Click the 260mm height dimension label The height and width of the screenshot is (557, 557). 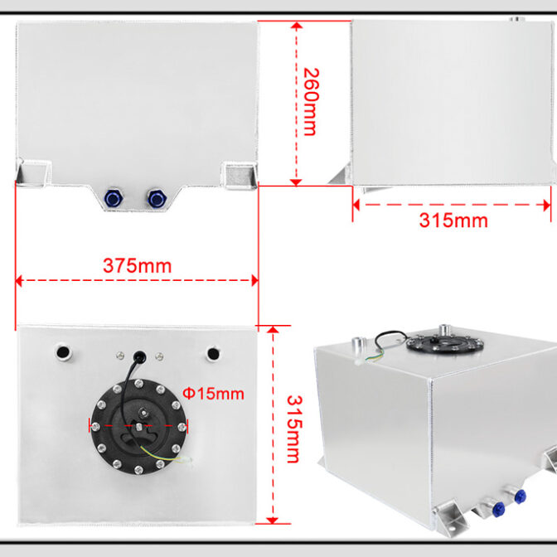coord(311,102)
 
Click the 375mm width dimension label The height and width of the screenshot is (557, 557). coord(137,266)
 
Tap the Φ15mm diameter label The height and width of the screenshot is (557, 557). coord(213,394)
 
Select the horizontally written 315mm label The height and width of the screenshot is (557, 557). coord(453,220)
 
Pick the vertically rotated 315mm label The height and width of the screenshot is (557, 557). coord(294,429)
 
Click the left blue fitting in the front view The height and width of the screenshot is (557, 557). coord(114,198)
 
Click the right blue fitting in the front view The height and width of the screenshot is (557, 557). coord(156,198)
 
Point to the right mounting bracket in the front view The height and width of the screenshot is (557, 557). coord(240,176)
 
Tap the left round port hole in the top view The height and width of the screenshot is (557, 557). coord(63,352)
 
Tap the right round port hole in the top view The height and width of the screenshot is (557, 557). coord(213,354)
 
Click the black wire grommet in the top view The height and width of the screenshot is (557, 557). coord(139,356)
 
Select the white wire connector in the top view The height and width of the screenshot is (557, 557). coord(186,460)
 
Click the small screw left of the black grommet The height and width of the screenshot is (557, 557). coord(120,355)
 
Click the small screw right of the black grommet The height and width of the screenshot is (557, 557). coord(159,356)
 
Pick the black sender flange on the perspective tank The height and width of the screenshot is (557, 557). coord(445,342)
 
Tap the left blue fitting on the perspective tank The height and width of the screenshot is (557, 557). coord(499,509)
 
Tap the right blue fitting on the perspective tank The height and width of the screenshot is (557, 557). coord(520,496)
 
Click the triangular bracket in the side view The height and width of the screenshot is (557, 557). coord(341,175)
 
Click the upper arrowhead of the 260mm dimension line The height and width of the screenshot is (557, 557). coord(296,25)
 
